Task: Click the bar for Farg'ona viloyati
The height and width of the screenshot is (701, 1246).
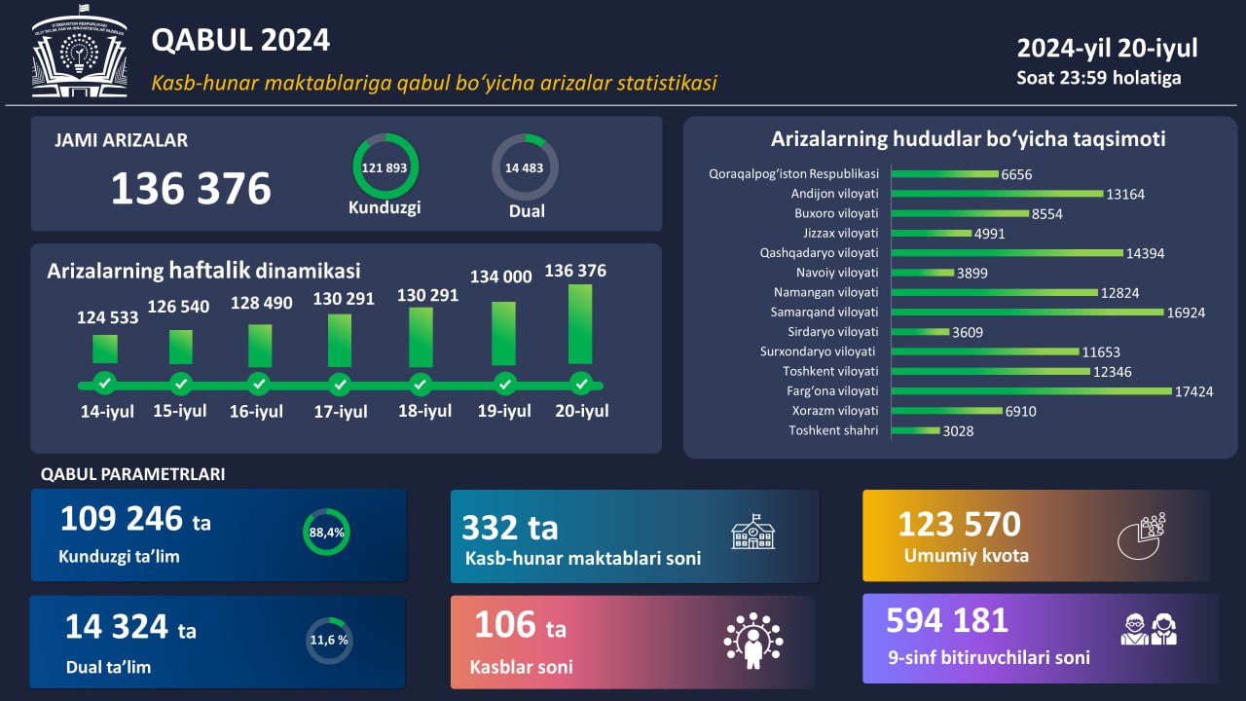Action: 1032,390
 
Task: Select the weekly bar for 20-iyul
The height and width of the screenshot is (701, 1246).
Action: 580,323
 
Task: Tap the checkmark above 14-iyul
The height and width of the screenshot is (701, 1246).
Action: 104,382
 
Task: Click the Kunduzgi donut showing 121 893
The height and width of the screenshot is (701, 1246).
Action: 385,167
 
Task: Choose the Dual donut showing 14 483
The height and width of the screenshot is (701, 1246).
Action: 525,167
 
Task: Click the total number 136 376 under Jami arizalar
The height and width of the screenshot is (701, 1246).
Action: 191,188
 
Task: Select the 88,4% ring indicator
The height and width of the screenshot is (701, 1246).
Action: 326,533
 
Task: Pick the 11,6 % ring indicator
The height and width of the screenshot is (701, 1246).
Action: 329,641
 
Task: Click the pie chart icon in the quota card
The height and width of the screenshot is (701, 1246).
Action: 1140,535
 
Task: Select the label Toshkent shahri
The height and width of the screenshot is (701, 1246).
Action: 833,430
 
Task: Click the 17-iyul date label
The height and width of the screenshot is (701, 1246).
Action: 341,412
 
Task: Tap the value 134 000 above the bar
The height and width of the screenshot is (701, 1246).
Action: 501,277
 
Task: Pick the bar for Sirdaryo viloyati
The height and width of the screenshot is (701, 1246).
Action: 920,332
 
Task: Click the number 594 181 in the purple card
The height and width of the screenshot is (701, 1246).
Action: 947,620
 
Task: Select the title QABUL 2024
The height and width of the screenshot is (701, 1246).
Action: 240,40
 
